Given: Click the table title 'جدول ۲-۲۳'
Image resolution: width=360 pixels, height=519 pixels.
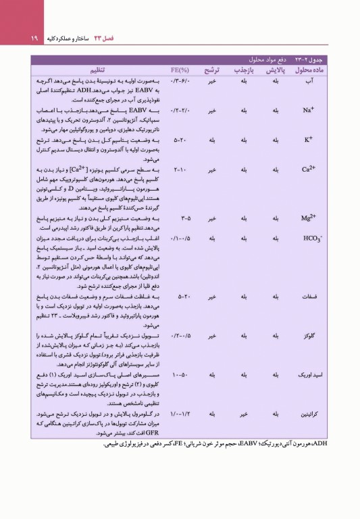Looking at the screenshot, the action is pos(328,60).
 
